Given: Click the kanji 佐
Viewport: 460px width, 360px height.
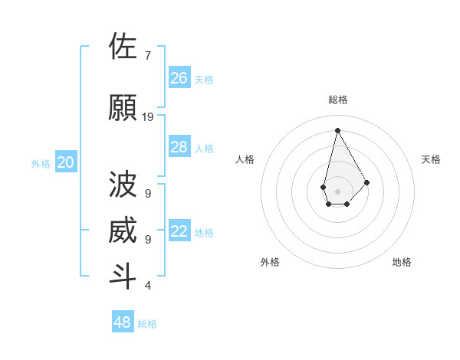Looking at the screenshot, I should click(123, 47).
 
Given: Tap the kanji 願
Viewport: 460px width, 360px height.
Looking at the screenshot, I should click(123, 108).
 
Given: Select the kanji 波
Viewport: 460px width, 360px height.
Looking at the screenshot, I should click(123, 185).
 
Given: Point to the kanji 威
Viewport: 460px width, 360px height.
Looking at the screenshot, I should click(123, 231).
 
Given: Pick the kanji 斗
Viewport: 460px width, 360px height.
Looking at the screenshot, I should click(123, 277).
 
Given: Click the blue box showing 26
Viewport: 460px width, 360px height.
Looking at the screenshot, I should click(179, 78).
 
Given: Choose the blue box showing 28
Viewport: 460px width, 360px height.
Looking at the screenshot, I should click(179, 147).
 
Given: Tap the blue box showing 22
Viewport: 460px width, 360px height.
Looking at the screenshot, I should click(179, 232).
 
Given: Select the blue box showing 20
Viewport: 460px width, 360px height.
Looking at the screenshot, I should click(66, 162).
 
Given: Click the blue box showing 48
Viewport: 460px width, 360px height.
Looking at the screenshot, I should click(123, 322).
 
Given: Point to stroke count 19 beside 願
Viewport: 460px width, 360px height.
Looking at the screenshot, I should click(148, 117).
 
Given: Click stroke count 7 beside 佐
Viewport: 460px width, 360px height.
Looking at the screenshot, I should click(147, 56).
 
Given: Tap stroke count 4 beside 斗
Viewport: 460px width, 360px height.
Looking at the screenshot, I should click(147, 286).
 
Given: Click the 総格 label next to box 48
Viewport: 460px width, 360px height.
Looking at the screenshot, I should click(147, 324).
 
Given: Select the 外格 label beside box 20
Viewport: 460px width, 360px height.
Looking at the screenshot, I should click(41, 163).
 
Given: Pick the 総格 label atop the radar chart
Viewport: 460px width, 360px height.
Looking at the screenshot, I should click(338, 100).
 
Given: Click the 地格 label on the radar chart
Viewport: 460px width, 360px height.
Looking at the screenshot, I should click(402, 262).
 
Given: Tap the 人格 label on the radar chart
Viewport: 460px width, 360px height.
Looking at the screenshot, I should click(245, 159).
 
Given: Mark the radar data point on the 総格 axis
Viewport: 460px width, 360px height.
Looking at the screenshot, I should click(337, 130).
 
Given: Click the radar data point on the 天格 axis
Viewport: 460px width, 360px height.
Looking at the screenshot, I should click(366, 182).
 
